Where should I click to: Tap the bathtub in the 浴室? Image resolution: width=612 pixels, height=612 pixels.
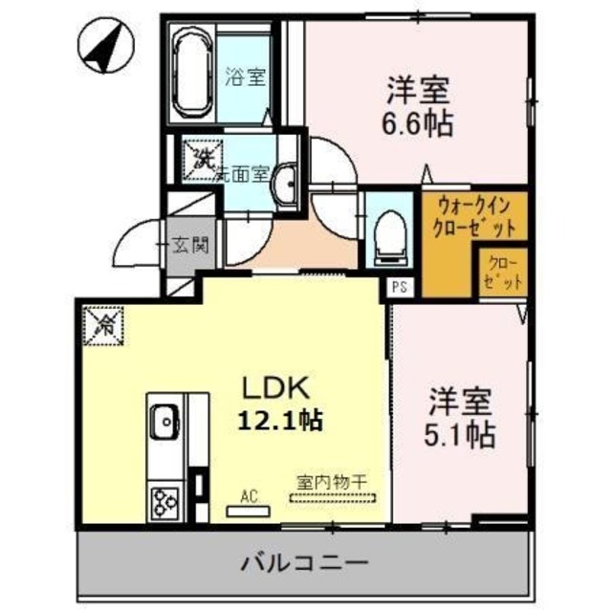tap(192, 74)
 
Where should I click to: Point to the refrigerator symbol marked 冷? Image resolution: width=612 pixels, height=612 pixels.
tap(102, 323)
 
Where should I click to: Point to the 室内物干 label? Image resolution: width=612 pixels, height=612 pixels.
tap(334, 483)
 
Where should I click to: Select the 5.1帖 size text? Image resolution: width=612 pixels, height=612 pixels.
tap(460, 435)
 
